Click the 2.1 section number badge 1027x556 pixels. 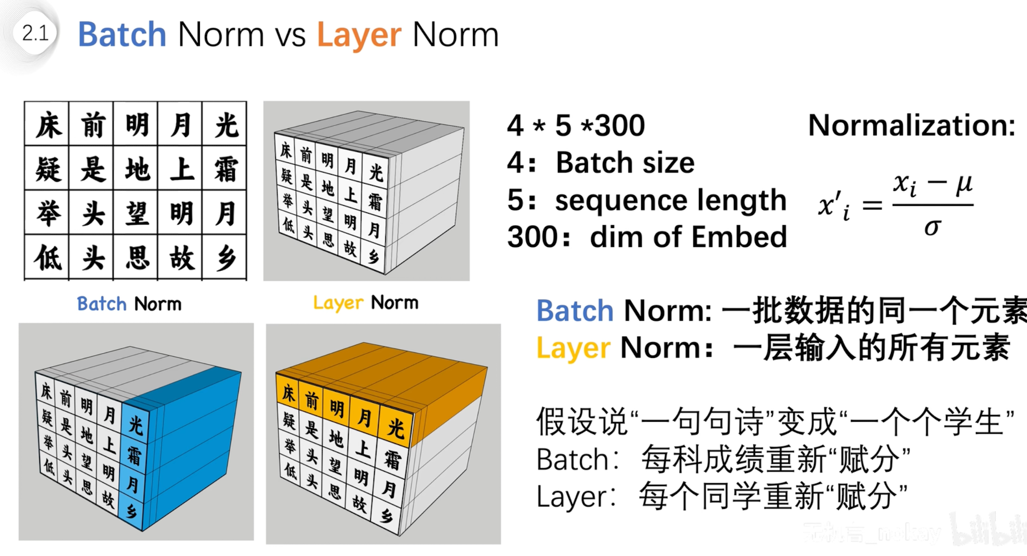coord(36,33)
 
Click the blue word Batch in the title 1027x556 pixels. coord(122,34)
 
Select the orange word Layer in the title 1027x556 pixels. coord(359,36)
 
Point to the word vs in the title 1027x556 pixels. coord(290,36)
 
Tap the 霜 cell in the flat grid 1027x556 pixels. coord(225,169)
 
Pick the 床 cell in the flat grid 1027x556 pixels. coord(48,125)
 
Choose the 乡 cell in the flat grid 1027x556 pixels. coord(225,258)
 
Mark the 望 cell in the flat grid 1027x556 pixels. coord(137,214)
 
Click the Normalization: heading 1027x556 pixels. coord(911,125)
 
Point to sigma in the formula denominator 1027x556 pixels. coord(933,226)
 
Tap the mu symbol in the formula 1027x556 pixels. coord(964,183)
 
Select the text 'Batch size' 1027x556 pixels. coord(625,163)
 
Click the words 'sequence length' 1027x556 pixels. coord(671,200)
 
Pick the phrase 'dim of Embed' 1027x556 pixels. coord(688,237)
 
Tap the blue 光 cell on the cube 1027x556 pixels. coord(135,424)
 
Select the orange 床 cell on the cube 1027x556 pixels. coord(288,393)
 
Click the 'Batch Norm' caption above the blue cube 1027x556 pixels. coord(129,304)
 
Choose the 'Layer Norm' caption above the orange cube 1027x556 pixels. coord(365,302)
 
